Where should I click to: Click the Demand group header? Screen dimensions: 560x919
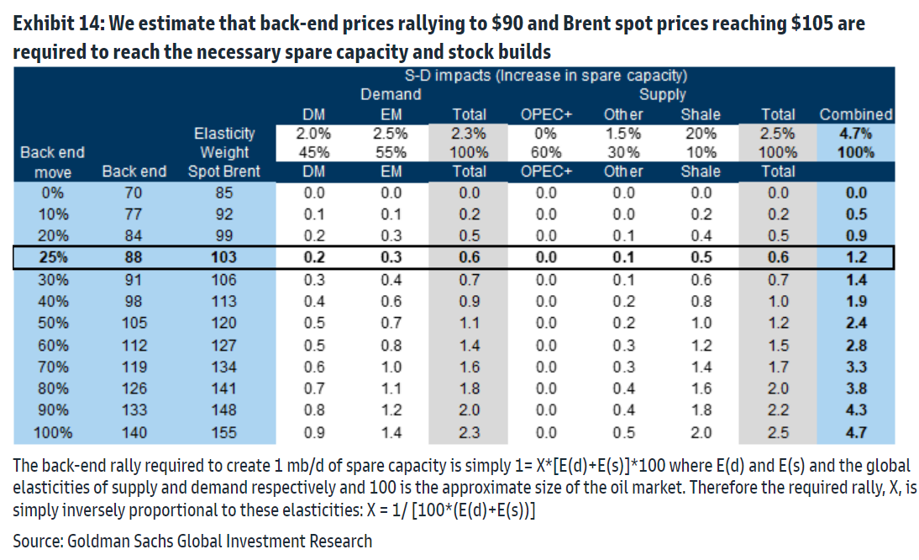[391, 95]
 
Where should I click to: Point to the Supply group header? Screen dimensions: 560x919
[663, 95]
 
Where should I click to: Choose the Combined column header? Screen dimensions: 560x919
[856, 114]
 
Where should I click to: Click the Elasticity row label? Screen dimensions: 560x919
[224, 134]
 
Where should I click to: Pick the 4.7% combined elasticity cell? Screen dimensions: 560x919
[856, 134]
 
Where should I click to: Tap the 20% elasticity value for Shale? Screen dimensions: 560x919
[701, 134]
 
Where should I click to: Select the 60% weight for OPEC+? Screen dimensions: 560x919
[546, 152]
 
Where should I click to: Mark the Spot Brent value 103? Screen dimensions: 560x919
[224, 257]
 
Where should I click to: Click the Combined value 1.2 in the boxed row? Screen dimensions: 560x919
[856, 257]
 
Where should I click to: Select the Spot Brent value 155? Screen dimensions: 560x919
[224, 433]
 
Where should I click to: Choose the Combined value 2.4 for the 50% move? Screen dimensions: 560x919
[856, 324]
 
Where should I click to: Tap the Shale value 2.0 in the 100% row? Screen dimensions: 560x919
[701, 433]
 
